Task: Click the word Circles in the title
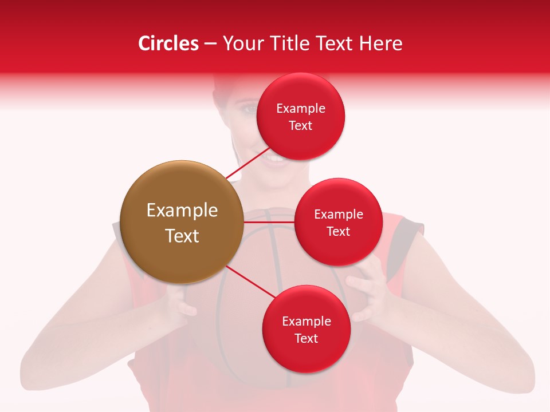pos(168,43)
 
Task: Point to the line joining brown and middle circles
pos(269,221)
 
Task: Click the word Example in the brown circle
pos(182,210)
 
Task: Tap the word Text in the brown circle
pos(182,236)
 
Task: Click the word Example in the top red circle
pos(301,108)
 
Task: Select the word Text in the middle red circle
pos(339,231)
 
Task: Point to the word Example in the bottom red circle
pos(307,321)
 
